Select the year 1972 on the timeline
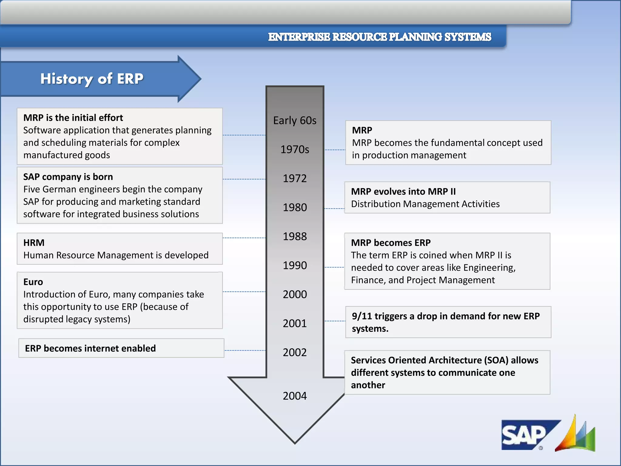[295, 178]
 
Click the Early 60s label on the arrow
[295, 120]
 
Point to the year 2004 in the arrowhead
[295, 396]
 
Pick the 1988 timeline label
[295, 236]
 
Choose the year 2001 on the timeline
[295, 323]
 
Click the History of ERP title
[92, 79]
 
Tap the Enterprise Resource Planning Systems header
[379, 37]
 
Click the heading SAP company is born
[68, 177]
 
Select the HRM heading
[34, 243]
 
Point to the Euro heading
[33, 282]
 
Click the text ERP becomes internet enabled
[90, 348]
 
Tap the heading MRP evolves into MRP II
[403, 191]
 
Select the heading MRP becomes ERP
[391, 243]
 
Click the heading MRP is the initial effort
[73, 118]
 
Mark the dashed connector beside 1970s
[335, 150]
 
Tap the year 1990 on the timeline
[295, 265]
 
